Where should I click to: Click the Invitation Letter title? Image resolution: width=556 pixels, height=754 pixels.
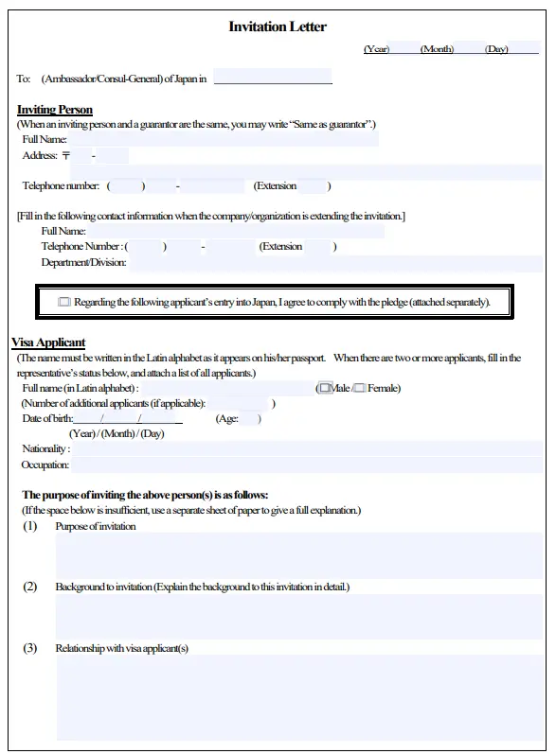click(278, 26)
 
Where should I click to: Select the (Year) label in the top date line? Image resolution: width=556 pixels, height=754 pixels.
click(376, 49)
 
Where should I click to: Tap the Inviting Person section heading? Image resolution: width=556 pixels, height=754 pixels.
click(55, 110)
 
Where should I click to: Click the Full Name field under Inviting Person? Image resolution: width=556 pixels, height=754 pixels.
click(223, 140)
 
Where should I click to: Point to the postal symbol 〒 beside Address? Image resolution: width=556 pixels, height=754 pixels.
click(65, 155)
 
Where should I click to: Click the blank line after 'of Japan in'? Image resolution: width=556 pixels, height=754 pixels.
click(273, 79)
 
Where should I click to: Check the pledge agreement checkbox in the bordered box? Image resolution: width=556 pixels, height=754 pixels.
click(64, 303)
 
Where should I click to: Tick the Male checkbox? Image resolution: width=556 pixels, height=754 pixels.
click(325, 388)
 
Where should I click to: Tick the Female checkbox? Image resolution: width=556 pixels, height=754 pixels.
click(360, 388)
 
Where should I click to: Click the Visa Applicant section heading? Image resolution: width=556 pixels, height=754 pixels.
click(48, 342)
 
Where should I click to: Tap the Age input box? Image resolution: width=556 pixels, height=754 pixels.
click(250, 419)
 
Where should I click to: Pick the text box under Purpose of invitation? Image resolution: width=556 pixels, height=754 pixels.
click(299, 555)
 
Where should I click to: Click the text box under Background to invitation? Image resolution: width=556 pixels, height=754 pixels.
click(299, 617)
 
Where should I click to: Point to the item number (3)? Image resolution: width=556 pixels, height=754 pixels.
click(30, 648)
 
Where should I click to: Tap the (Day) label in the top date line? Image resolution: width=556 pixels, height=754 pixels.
click(496, 49)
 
